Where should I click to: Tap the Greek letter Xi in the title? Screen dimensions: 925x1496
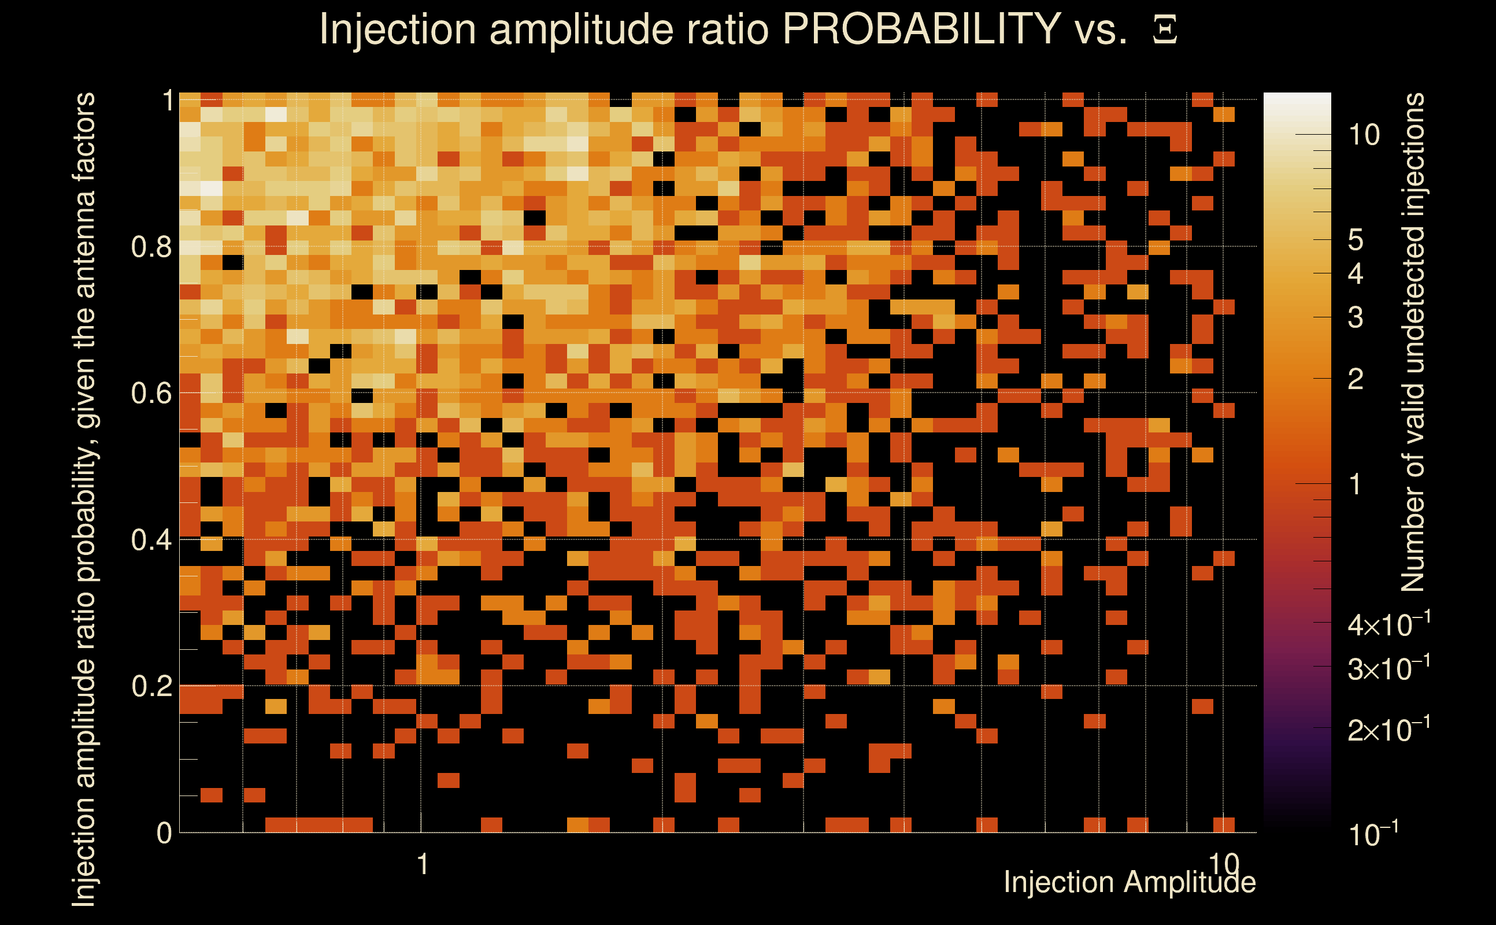click(x=1165, y=30)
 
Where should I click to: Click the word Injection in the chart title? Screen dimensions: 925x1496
click(x=398, y=30)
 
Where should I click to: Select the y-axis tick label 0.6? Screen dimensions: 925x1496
click(x=151, y=393)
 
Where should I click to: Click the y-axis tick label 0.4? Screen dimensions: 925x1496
click(x=151, y=539)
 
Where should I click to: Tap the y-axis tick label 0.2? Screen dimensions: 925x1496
click(x=151, y=686)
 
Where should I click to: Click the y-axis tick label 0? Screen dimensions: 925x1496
click(x=164, y=832)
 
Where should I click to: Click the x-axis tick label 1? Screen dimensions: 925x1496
click(x=422, y=864)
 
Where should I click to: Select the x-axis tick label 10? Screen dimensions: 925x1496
click(x=1223, y=863)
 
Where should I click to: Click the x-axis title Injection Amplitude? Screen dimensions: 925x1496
click(x=1129, y=882)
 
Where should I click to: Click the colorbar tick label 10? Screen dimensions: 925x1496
click(x=1364, y=135)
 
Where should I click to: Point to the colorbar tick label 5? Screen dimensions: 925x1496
click(x=1356, y=240)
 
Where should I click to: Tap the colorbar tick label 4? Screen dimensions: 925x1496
click(x=1356, y=273)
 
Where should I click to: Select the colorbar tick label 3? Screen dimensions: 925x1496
click(x=1356, y=317)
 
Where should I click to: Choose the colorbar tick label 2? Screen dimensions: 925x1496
click(x=1356, y=379)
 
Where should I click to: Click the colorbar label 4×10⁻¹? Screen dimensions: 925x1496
click(x=1388, y=624)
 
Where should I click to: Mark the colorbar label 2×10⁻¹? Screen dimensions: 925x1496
click(x=1388, y=729)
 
